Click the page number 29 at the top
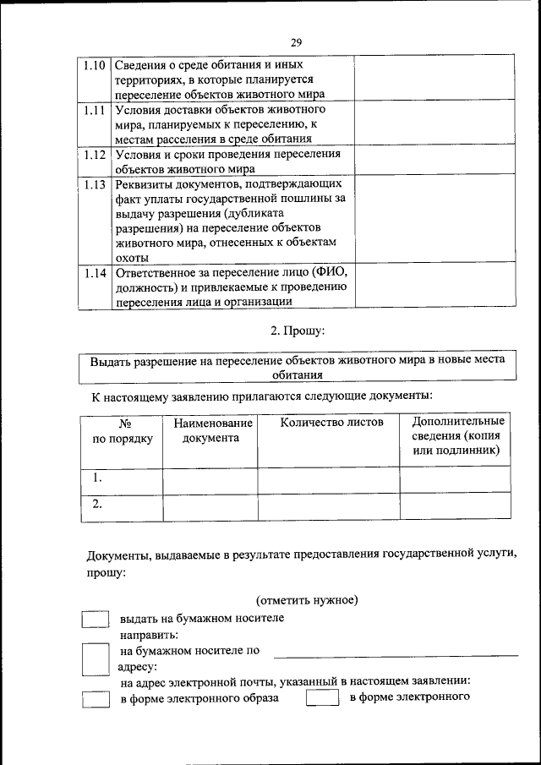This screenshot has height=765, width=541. tap(296, 42)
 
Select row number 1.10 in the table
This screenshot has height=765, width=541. tap(96, 65)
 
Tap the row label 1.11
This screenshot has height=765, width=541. tap(96, 110)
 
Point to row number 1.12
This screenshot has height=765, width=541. tap(96, 155)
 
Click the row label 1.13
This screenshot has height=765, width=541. tap(96, 183)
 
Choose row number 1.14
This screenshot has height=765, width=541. tap(96, 273)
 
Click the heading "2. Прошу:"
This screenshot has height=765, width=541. tap(296, 330)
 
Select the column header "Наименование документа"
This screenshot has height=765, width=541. tap(210, 430)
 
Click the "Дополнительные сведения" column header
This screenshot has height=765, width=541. tap(457, 436)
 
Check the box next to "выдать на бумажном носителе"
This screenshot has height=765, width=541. tap(96, 619)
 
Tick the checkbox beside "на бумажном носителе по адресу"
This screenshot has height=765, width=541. tap(96, 658)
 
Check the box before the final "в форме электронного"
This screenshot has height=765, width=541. tap(322, 699)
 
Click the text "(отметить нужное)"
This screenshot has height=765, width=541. tap(308, 599)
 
